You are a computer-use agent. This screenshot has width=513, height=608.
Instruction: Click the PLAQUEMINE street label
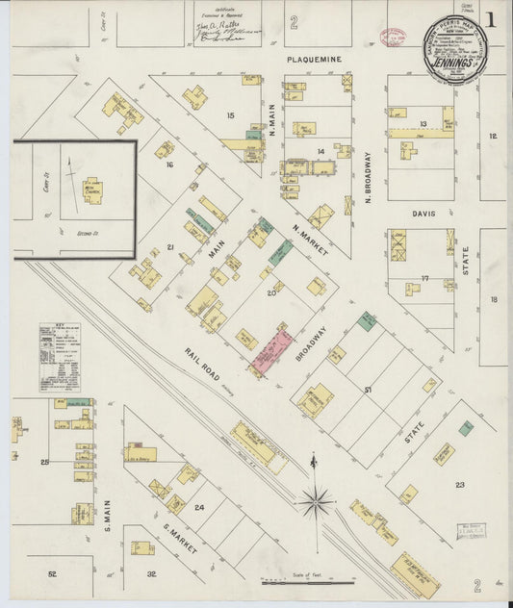click(x=314, y=59)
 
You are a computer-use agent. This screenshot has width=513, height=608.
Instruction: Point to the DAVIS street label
click(x=423, y=214)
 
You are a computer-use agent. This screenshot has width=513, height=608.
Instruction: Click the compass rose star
click(x=315, y=499)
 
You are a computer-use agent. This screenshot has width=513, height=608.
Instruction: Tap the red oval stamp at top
click(x=393, y=38)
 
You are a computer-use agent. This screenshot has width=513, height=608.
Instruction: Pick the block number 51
click(x=368, y=389)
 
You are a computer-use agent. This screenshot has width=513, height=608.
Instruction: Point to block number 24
click(x=199, y=507)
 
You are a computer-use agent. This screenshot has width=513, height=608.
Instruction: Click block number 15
click(x=229, y=115)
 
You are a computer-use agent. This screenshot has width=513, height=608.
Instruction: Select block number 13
click(x=422, y=124)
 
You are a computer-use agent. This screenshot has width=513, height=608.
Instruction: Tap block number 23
click(x=460, y=484)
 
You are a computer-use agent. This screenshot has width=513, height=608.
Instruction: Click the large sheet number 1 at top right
click(x=492, y=18)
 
